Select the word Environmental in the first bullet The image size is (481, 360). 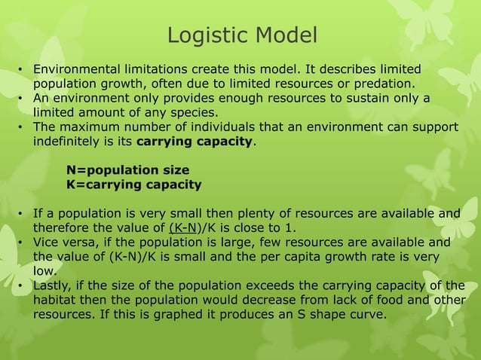pos(76,69)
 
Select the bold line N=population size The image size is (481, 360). pos(127,170)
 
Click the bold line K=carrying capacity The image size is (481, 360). pos(133,185)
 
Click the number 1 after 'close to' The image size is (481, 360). pos(293,228)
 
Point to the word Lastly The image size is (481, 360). pos(54,285)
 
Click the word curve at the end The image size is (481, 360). pos(366,313)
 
